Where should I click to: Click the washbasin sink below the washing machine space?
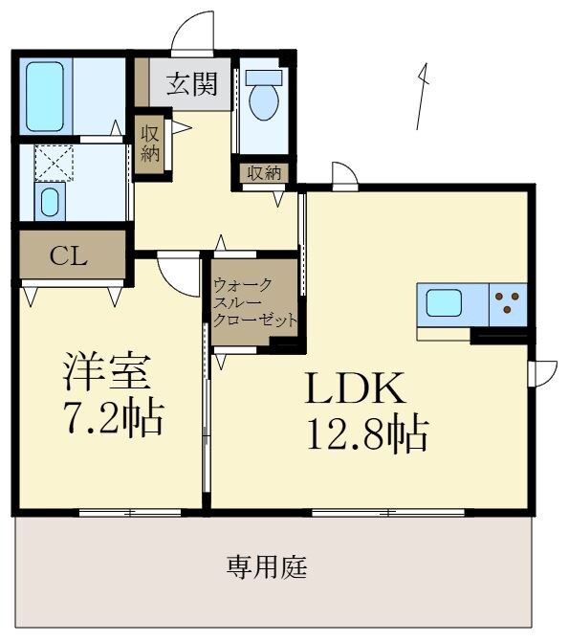51,202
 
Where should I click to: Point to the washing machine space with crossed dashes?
54,163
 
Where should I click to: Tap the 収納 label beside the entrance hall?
150,143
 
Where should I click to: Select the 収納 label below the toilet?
264,173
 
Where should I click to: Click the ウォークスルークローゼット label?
254,302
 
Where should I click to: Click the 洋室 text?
108,371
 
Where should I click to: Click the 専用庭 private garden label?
267,567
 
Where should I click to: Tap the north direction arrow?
422,96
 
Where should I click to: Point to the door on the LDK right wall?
543,371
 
